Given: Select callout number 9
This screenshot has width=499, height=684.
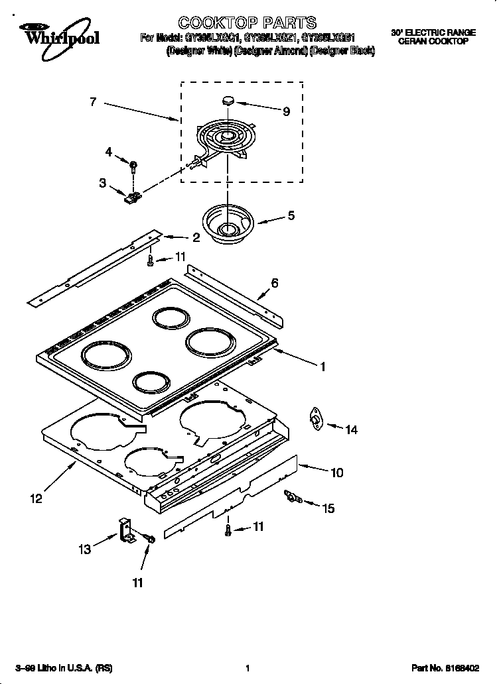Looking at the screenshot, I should (x=286, y=111).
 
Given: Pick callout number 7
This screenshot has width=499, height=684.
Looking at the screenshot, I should (x=93, y=101).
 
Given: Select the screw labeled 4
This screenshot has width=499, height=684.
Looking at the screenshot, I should (x=133, y=164).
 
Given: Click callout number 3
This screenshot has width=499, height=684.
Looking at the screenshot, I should (x=103, y=183).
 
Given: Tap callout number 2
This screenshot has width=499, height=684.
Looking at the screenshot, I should (x=196, y=237).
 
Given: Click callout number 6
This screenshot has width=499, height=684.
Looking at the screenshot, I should (x=274, y=283).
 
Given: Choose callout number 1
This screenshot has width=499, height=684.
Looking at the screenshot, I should (x=322, y=366).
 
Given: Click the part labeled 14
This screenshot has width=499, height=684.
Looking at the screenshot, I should (x=315, y=418).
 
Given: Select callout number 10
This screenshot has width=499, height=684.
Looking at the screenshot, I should (x=337, y=473).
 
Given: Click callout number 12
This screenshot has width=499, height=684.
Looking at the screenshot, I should (x=36, y=498).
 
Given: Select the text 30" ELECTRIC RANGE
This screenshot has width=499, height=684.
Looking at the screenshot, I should (x=433, y=32).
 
